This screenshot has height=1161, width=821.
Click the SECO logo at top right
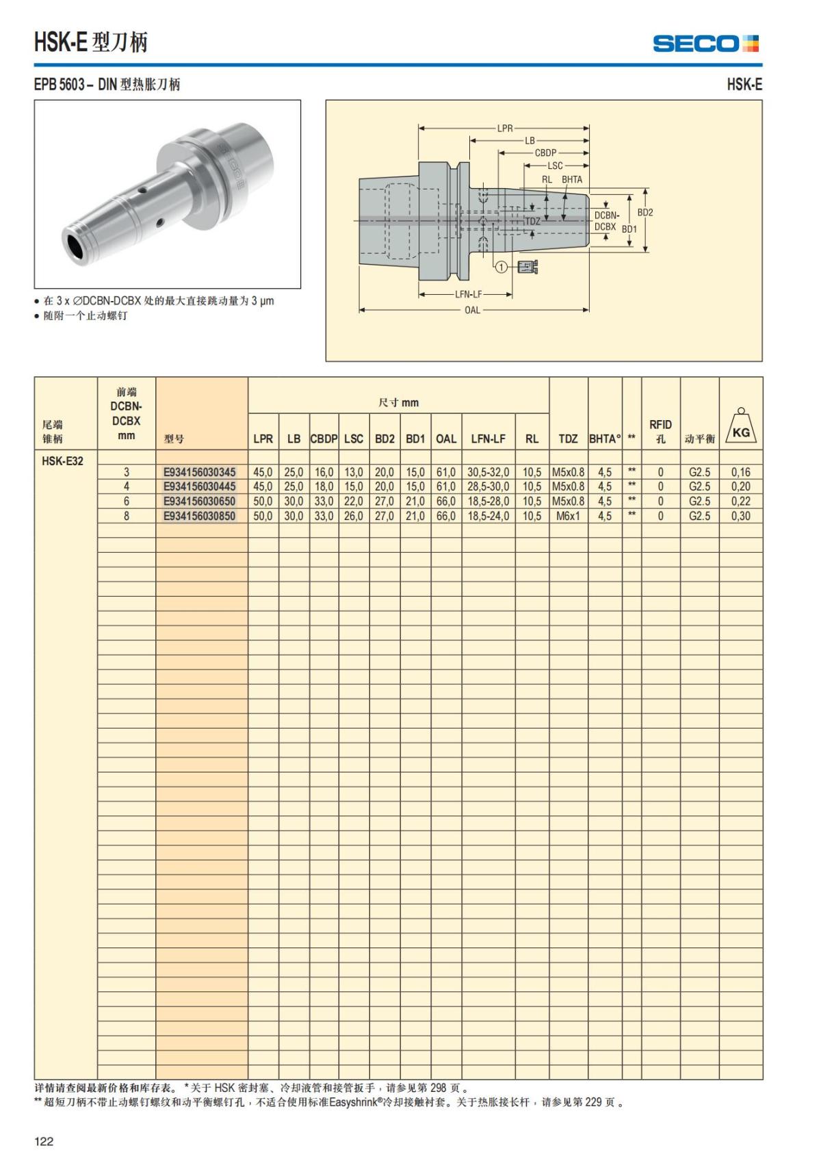[705, 44]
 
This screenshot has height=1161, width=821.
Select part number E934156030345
[199, 472]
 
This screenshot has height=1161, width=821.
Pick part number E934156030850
[199, 516]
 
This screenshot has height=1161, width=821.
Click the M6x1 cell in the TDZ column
[568, 516]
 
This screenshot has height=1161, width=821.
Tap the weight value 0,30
[740, 516]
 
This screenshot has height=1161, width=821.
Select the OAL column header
[446, 439]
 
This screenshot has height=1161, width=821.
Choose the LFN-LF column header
[488, 439]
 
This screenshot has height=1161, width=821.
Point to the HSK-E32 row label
[62, 460]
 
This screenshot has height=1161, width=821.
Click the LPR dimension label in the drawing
[505, 128]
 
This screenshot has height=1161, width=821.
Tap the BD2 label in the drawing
[645, 212]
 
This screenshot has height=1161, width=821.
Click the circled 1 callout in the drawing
[501, 267]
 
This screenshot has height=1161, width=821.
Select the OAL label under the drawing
[472, 310]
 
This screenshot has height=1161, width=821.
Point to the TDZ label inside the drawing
[532, 221]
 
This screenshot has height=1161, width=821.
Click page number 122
[44, 1140]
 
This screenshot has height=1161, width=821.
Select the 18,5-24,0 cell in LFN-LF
[488, 516]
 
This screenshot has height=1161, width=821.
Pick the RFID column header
[660, 431]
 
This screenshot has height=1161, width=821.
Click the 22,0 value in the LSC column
[353, 501]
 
